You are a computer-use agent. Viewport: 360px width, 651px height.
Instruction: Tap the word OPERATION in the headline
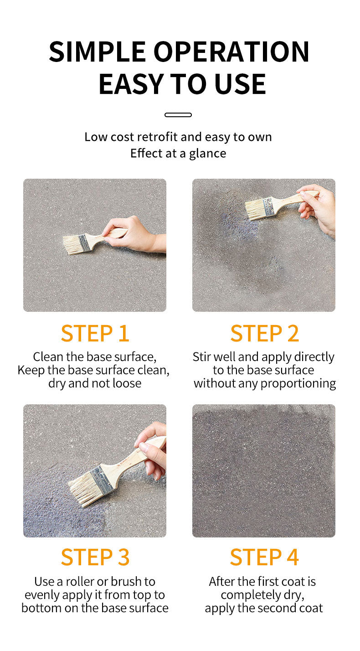pos(231,52)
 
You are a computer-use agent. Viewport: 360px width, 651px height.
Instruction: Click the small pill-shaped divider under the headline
pos(178,115)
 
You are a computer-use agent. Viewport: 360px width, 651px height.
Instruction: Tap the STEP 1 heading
pos(95,333)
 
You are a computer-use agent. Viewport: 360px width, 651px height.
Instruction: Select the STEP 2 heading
pos(264,333)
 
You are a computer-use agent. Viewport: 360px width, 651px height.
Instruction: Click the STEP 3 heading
pos(95,557)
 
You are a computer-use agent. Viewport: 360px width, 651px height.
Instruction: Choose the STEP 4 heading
pos(264,557)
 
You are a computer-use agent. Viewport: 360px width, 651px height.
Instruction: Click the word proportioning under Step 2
pos(298,384)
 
